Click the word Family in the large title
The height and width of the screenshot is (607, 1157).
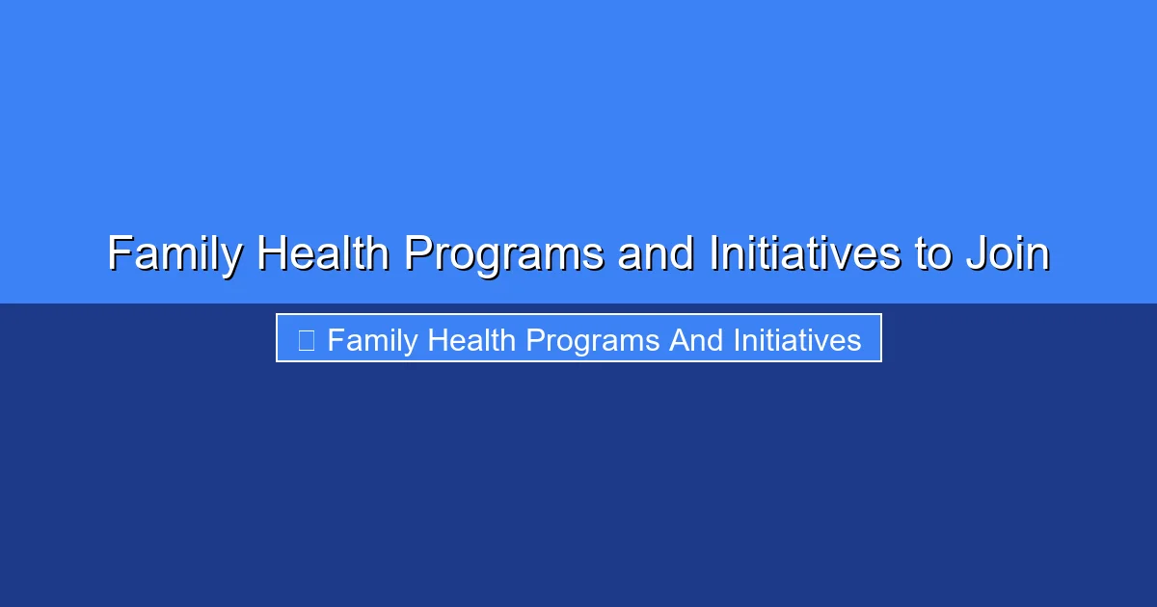coord(174,254)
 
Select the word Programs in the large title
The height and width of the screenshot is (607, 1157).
coord(503,254)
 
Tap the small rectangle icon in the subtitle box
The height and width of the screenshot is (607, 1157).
coord(306,339)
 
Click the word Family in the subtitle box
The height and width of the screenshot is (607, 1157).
coord(372,340)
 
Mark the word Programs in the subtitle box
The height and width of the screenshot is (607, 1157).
coord(588,340)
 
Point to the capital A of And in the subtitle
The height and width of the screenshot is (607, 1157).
coord(679,339)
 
